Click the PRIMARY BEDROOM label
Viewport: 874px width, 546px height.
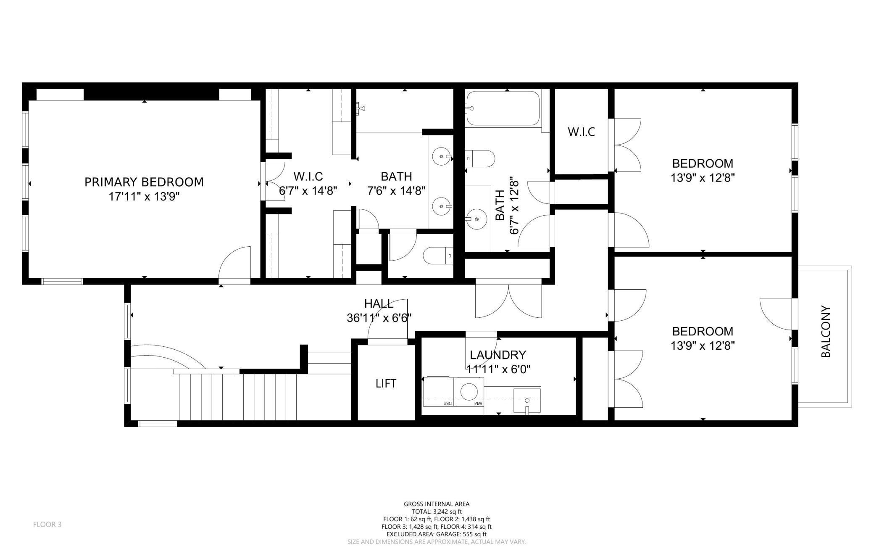click(144, 182)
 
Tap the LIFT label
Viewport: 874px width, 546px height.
click(386, 383)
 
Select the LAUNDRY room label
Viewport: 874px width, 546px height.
click(498, 355)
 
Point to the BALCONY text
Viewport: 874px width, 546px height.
click(826, 332)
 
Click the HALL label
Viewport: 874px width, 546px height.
click(379, 303)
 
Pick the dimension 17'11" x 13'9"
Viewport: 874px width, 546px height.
click(144, 197)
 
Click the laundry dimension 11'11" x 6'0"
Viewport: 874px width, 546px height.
click(498, 369)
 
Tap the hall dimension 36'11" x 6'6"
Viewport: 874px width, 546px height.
click(379, 318)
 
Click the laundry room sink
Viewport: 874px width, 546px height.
click(527, 401)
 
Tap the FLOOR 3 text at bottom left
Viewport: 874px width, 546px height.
click(47, 525)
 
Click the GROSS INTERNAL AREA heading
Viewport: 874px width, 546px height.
click(437, 504)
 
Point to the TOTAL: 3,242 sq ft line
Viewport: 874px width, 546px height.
click(437, 512)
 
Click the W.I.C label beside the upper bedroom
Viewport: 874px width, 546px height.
click(582, 132)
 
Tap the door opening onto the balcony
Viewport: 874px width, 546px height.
click(776, 314)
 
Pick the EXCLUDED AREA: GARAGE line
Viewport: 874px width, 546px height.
click(437, 534)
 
